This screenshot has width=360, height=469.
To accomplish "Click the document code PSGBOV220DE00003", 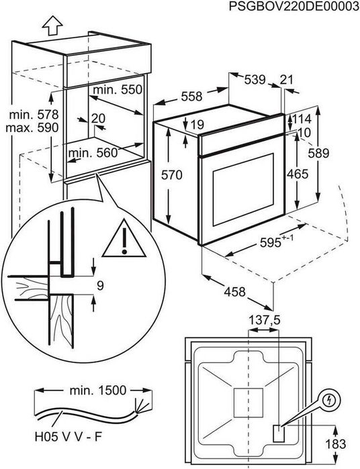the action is pos(294,6).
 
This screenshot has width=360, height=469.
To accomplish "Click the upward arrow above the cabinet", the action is pos(52,25).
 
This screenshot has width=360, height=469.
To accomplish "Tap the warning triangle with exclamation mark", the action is pos(124,238).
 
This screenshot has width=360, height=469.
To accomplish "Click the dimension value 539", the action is pos(255,80).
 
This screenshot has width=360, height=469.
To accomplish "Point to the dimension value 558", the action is pos(191,97).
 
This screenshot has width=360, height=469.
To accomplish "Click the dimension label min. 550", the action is pos(118,89).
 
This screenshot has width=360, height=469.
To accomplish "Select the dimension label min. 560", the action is pos(93,153).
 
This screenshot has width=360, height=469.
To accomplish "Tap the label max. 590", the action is pos(32,127).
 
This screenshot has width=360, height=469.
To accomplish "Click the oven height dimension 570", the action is pos(172,175).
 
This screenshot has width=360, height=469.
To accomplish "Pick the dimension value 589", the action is pos(318,153).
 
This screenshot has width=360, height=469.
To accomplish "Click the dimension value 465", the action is pos(297,174).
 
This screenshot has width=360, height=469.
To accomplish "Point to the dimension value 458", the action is pos(235,292).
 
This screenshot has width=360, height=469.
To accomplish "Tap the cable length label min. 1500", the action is pos(98,390).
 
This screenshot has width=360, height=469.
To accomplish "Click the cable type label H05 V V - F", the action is pos(69,437).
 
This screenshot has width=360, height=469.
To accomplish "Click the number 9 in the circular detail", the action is pos(100,286).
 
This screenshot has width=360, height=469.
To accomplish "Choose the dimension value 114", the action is pos(301,119).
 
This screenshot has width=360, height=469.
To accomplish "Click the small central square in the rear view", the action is pos(248,403).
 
